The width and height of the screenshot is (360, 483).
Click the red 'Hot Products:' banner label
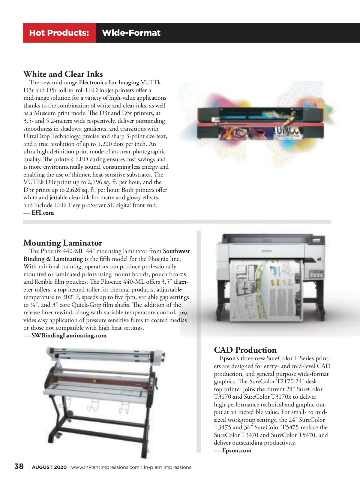[x=59, y=33]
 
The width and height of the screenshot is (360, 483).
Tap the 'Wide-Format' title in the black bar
[x=131, y=33]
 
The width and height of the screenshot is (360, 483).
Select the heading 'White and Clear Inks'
[x=63, y=74]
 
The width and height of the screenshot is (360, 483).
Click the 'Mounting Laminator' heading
[x=63, y=243]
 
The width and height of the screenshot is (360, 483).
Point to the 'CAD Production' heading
[x=245, y=350]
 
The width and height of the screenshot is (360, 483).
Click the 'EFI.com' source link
[x=43, y=213]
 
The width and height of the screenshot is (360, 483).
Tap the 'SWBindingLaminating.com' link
[x=69, y=336]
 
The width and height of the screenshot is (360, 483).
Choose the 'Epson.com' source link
[x=237, y=451]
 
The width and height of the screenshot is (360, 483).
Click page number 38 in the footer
[x=19, y=466]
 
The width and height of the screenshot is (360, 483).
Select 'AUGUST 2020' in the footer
[x=49, y=467]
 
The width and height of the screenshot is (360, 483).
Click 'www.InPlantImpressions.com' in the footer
[x=105, y=467]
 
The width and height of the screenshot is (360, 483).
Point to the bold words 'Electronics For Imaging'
[x=109, y=83]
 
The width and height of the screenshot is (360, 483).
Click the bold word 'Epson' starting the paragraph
[x=227, y=358]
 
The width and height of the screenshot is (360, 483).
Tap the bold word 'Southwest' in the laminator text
[x=176, y=251]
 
